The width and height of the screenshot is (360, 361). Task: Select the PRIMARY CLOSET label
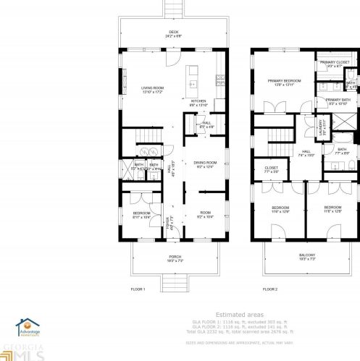point(335,64)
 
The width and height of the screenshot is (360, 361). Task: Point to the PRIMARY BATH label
point(337,101)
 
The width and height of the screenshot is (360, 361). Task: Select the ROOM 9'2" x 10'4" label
point(206,214)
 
